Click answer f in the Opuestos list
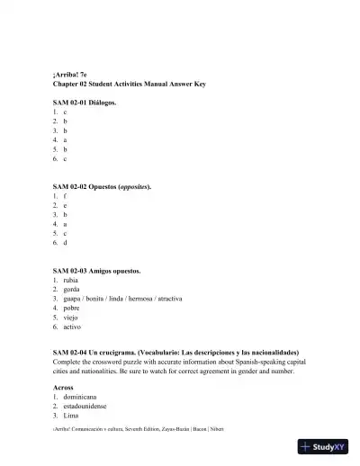[65, 195]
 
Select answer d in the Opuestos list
[65, 243]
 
